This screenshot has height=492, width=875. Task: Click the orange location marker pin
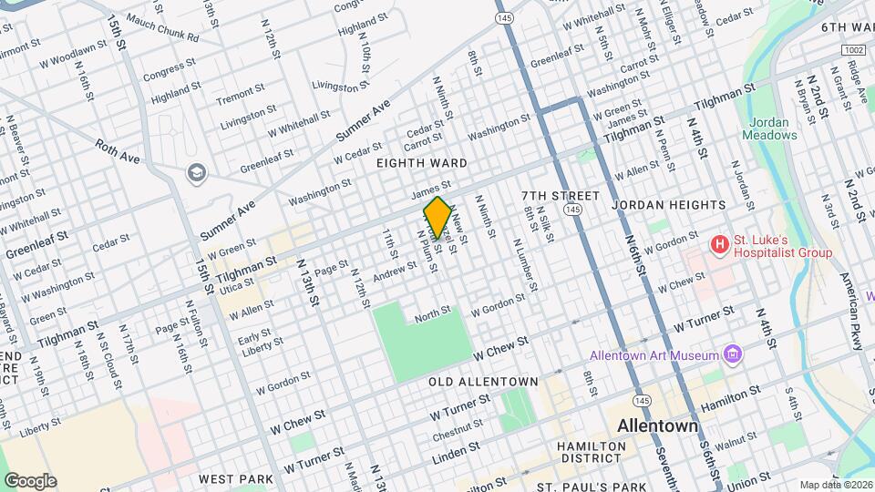[437, 217]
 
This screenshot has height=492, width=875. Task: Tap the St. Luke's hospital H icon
[720, 244]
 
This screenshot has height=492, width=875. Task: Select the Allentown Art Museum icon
[732, 354]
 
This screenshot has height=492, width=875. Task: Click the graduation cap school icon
[195, 172]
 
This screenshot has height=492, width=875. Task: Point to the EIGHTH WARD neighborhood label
[422, 163]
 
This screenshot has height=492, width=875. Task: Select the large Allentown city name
[657, 425]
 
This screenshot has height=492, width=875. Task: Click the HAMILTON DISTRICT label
[592, 453]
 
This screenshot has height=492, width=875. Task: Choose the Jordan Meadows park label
[773, 128]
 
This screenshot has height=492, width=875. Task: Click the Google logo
[30, 480]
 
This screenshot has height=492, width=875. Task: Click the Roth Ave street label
[118, 151]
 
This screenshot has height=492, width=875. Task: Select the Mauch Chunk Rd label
[162, 28]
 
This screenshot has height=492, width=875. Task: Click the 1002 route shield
[854, 48]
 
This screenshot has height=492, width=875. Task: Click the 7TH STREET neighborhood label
[561, 196]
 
